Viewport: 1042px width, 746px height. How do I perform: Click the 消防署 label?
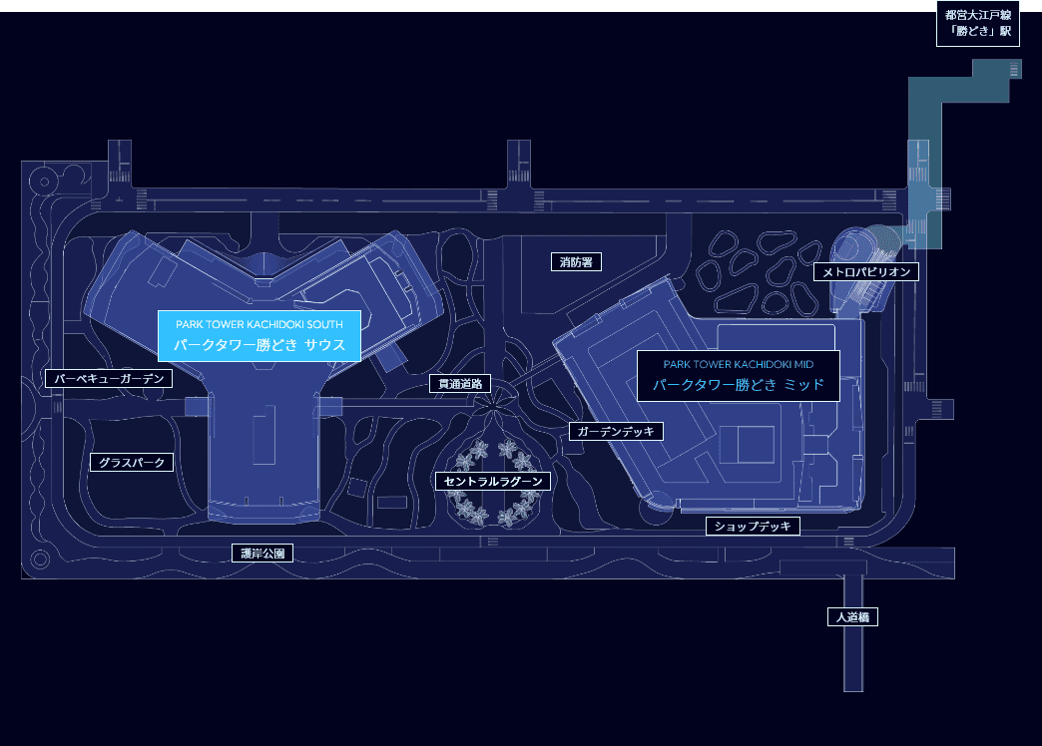pos(577,262)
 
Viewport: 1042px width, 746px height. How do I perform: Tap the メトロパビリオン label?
pos(865,271)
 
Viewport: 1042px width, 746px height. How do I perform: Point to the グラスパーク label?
pos(132,463)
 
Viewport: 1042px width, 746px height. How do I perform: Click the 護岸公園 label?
pos(262,554)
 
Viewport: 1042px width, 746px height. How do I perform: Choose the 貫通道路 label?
pos(461,384)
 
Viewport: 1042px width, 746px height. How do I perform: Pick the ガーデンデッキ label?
pos(616,432)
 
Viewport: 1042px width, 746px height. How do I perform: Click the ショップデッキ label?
pos(754,527)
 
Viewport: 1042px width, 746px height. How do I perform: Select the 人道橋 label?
pos(852,617)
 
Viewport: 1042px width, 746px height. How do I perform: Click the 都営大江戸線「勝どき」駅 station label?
pos(978,24)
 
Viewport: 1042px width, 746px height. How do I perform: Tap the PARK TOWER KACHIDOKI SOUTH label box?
pos(259,336)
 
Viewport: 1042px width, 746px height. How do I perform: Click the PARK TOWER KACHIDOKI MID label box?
pos(738,375)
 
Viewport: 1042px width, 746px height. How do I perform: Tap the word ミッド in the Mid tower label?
pos(803,385)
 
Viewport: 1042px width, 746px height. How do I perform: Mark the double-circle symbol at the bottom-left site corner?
pos(40,559)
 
